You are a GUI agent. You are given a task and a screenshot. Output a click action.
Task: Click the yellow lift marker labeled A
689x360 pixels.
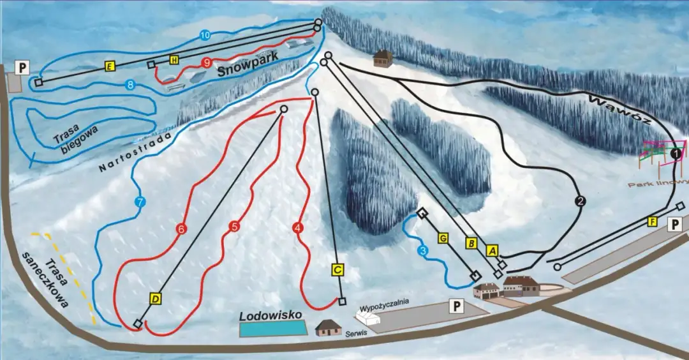click(x=491, y=250)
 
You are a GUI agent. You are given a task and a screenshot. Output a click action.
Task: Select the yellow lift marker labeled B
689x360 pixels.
click(x=471, y=243)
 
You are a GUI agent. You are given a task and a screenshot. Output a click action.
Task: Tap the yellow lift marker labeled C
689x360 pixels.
click(x=338, y=269)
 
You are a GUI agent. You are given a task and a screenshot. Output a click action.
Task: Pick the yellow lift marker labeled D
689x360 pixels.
click(x=155, y=297)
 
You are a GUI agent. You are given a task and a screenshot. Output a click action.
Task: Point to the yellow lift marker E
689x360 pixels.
click(x=110, y=66)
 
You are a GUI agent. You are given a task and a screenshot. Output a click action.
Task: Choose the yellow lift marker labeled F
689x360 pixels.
click(x=652, y=221)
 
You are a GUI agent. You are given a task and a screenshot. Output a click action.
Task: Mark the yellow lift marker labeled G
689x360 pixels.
click(x=442, y=238)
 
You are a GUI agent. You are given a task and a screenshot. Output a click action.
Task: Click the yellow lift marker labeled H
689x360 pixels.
click(x=174, y=60)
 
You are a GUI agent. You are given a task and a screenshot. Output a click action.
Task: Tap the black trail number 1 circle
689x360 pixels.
click(x=676, y=154)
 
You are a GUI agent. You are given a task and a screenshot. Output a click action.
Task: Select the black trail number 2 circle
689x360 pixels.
click(x=580, y=202)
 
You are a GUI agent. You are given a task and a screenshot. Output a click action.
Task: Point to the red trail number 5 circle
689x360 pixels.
click(x=235, y=226)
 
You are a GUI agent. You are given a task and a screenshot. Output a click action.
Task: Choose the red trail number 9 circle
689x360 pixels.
click(x=206, y=63)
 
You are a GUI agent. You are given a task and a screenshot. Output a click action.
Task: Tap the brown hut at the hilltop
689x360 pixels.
click(x=382, y=58)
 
